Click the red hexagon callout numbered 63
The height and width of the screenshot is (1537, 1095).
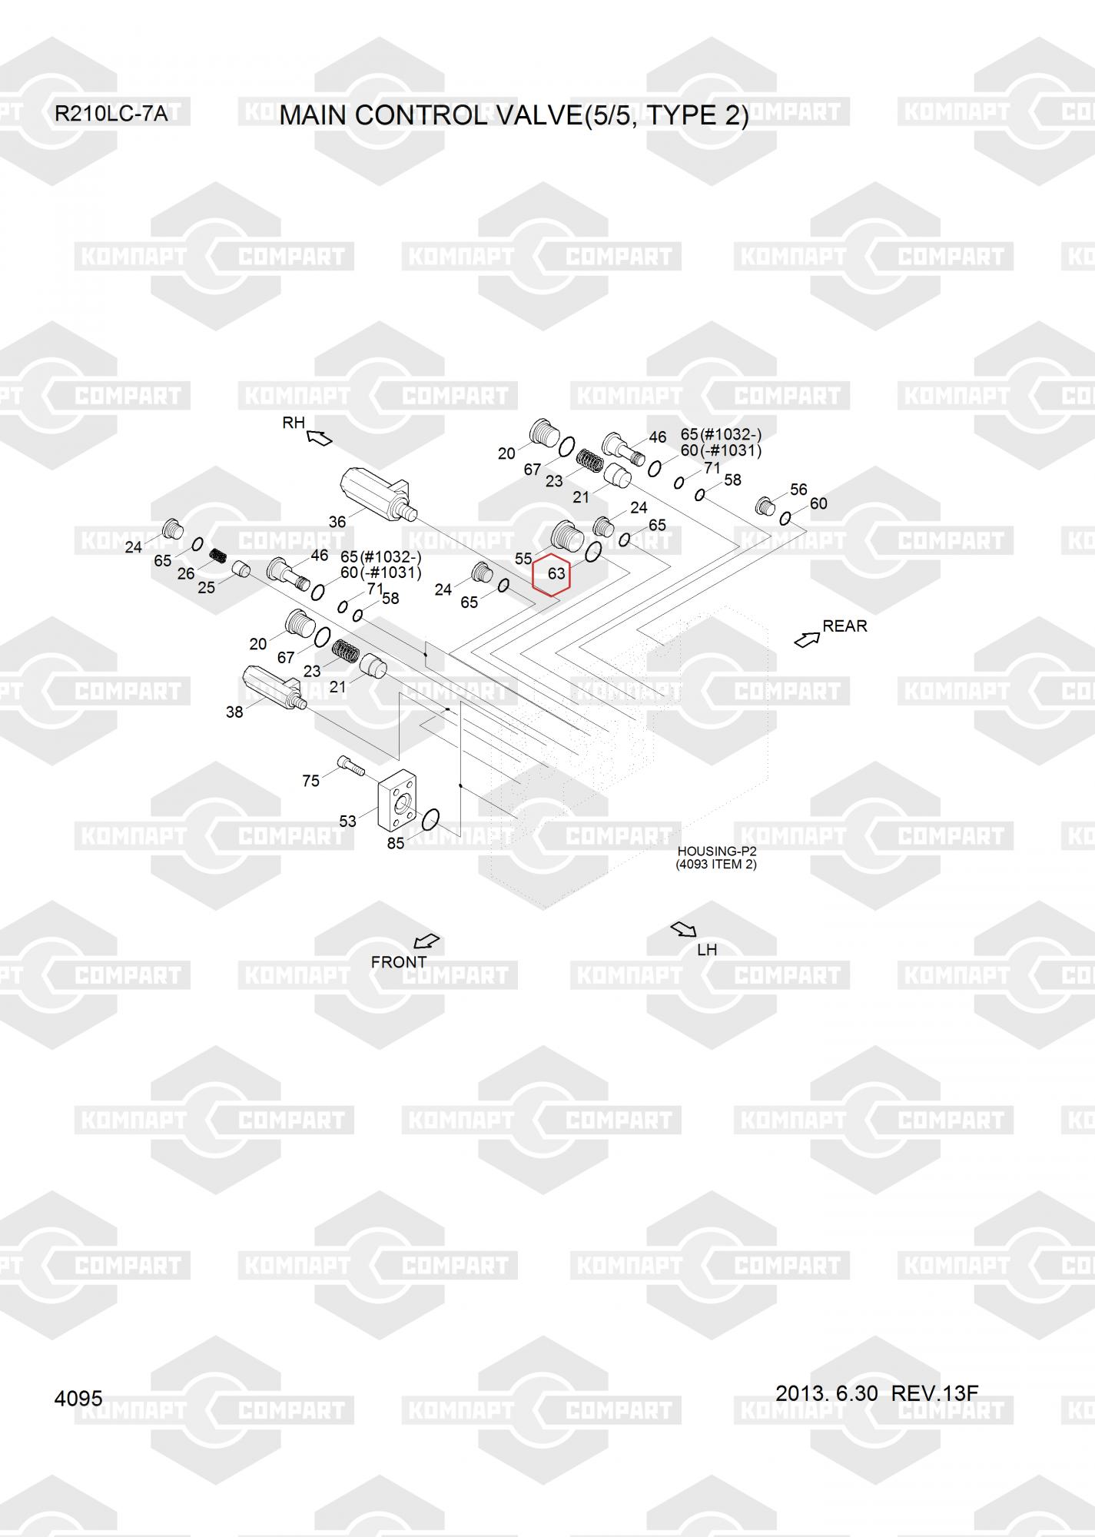[x=551, y=573]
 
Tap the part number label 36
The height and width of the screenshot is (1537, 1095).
[x=337, y=522]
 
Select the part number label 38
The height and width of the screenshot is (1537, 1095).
[x=234, y=712]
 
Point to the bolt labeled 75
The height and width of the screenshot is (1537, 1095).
[x=350, y=765]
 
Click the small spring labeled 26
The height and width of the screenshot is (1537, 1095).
[x=219, y=555]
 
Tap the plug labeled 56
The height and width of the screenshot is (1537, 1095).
[x=764, y=506]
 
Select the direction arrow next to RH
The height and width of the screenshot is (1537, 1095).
[x=319, y=438]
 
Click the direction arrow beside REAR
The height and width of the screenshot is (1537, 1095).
[x=806, y=639]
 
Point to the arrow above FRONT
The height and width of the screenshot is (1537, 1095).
[x=426, y=941]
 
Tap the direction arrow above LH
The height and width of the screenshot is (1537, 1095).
[x=683, y=930]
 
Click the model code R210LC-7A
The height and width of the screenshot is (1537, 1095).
[x=111, y=115]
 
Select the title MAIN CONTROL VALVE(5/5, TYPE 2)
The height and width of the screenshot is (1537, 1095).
[x=513, y=115]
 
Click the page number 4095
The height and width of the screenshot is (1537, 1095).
[x=78, y=1399]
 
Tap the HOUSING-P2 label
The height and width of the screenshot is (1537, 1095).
[x=716, y=851]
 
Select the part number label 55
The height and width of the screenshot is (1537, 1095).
[x=523, y=559]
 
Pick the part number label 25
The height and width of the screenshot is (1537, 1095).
[x=206, y=588]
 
